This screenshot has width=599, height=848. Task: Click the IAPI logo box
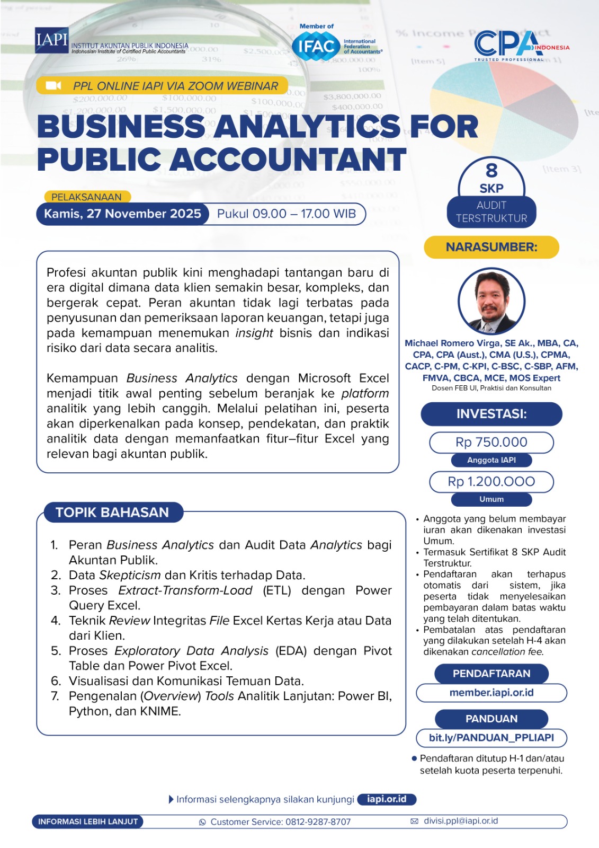point(51,40)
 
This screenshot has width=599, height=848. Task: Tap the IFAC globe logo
point(316,47)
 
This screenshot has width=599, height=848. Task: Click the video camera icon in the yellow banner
point(53,85)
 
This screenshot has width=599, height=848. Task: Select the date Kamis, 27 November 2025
point(122,214)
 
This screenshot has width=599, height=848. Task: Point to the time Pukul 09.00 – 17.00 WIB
point(286,214)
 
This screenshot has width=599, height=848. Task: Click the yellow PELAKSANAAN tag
point(86,197)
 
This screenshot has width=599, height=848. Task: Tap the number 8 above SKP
point(491,171)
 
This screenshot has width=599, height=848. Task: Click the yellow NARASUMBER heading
point(491,247)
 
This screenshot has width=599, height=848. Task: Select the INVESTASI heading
point(491,414)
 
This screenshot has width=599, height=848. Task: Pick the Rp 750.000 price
point(491,442)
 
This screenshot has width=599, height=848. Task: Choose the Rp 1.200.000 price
point(491,481)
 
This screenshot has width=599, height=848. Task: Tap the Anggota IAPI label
point(491,460)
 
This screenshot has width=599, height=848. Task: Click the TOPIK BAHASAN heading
point(112,513)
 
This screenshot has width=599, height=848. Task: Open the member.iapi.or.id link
point(491,693)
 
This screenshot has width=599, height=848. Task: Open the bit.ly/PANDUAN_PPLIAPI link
point(491,738)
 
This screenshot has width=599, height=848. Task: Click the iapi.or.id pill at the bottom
point(387,799)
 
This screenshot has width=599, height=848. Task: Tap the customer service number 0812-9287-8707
point(318,822)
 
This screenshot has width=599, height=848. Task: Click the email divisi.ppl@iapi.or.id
point(461,821)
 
